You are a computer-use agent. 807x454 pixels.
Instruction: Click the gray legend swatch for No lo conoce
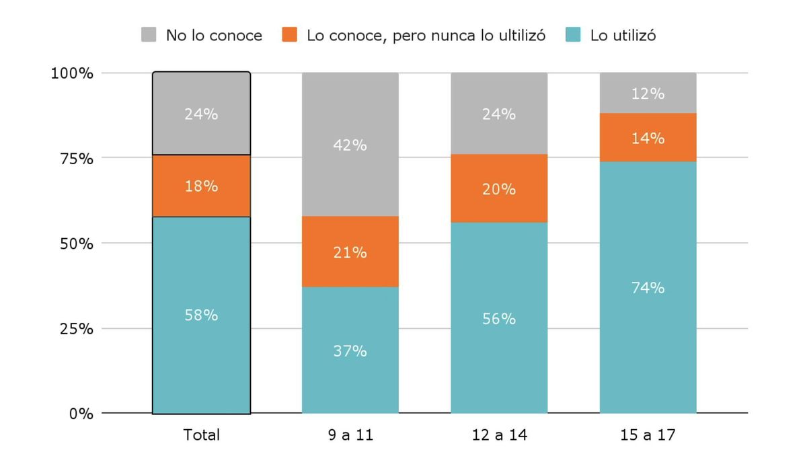[x=149, y=35]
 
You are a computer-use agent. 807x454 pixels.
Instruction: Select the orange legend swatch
[x=290, y=35]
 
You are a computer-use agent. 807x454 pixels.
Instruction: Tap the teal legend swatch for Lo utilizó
[x=573, y=35]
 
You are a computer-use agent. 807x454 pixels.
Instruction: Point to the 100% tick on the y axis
[x=72, y=73]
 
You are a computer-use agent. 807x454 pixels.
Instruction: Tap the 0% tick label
[x=80, y=414]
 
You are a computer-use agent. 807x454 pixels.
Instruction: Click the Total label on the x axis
[x=201, y=435]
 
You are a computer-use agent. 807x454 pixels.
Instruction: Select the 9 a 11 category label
[x=350, y=435]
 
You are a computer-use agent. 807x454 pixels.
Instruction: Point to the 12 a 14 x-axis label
[x=499, y=435]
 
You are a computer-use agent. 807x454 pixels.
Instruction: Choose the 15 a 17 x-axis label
[x=648, y=435]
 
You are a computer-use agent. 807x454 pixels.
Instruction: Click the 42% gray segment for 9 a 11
[x=350, y=145]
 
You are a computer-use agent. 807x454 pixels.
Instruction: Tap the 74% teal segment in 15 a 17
[x=648, y=287]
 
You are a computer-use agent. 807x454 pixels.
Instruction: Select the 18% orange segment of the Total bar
[x=201, y=186]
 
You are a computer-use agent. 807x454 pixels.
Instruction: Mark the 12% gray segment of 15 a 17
[x=648, y=93]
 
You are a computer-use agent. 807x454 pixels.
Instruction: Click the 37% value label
[x=350, y=351]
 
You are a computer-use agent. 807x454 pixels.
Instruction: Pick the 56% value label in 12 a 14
[x=499, y=319]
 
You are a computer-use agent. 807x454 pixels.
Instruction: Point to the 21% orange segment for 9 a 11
[x=350, y=252]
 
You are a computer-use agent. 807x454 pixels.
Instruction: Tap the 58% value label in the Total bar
[x=201, y=315]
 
